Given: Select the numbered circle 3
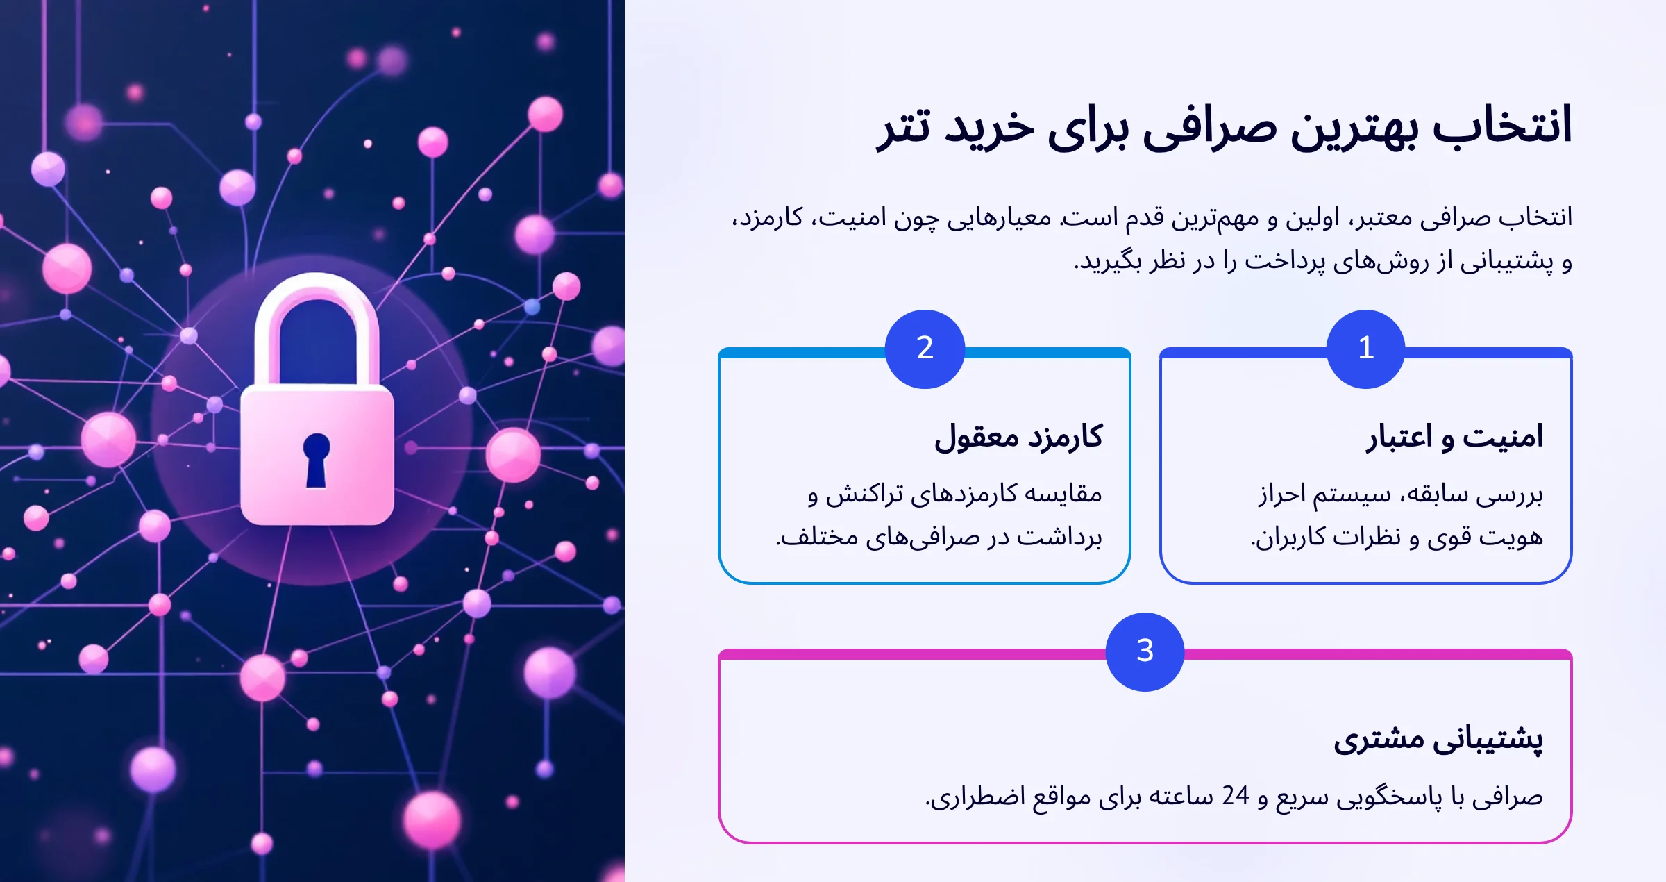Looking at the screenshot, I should click(1145, 651).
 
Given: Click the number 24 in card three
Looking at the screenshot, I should click(1236, 796).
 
